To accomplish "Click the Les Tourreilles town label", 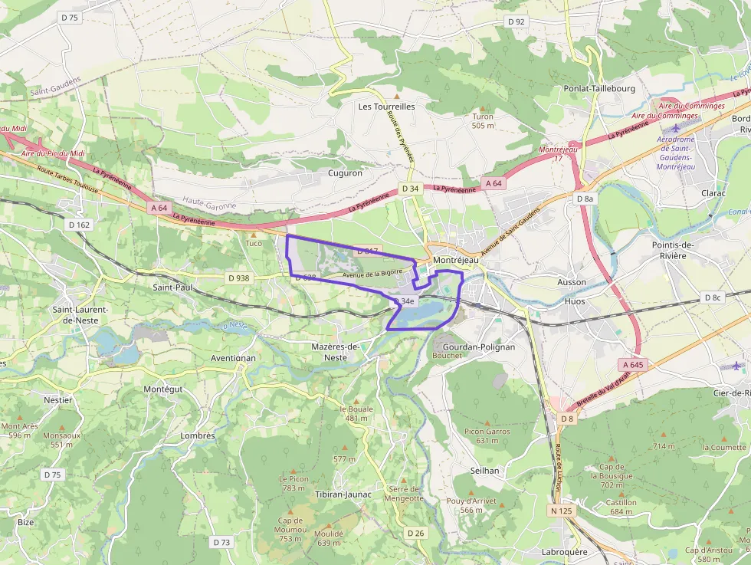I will [386, 107].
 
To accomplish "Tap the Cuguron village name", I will [345, 173].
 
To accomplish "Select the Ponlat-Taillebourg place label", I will [599, 89].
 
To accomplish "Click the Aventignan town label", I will [233, 358].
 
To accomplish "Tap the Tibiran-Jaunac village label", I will [343, 494].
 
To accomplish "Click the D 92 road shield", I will [516, 21].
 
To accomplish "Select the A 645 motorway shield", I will [633, 364].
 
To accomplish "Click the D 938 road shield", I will [238, 278].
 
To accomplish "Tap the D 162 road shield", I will [79, 225].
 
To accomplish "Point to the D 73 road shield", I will [221, 542].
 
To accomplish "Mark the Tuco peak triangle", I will [254, 235].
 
